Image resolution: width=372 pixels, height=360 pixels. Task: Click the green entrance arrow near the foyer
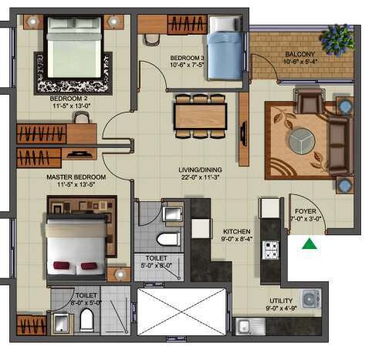click(x=309, y=245)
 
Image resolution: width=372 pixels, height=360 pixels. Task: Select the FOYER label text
click(x=305, y=214)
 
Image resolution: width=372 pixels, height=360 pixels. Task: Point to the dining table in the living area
click(x=200, y=116)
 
